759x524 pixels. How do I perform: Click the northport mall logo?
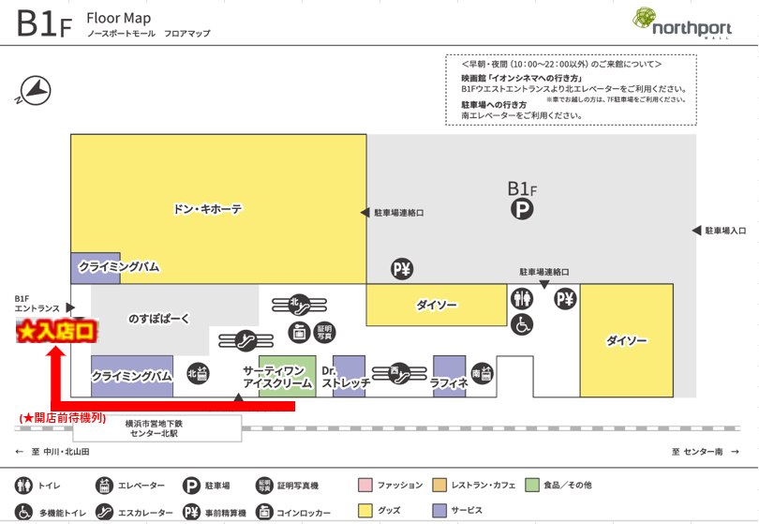tap(681, 22)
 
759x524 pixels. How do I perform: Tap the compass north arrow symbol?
tap(34, 91)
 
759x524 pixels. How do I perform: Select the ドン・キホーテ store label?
tap(207, 209)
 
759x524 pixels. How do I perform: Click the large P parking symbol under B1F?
tap(522, 209)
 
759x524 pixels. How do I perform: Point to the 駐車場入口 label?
tap(725, 231)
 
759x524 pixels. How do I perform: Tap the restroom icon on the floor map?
tap(521, 298)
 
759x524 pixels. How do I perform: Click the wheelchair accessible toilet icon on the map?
tap(521, 324)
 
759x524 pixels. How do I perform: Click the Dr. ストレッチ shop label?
tap(346, 377)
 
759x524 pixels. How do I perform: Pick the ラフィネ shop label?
tap(449, 382)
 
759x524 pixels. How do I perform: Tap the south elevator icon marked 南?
tap(482, 373)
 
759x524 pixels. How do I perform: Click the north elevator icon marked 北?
tap(198, 373)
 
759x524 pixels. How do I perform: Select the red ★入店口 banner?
tap(56, 331)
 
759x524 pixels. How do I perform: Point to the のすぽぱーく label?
tap(158, 318)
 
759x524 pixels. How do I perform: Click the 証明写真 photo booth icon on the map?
tap(324, 332)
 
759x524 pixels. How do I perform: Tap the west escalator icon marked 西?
tap(400, 373)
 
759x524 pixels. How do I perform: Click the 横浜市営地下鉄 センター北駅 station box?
tap(157, 428)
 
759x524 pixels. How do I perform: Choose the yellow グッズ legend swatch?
tap(365, 511)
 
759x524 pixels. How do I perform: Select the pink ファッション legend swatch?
tap(365, 485)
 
